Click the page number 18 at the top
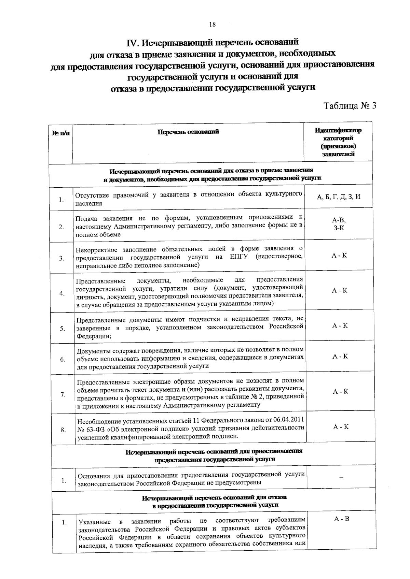[212, 24]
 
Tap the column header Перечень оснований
[188, 132]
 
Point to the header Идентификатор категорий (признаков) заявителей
[338, 142]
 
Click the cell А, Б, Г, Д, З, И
[339, 197]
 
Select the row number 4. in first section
[62, 293]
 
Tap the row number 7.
[63, 395]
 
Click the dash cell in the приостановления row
[341, 478]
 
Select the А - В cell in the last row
[342, 519]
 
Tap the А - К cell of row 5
[340, 325]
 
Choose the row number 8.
[63, 430]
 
